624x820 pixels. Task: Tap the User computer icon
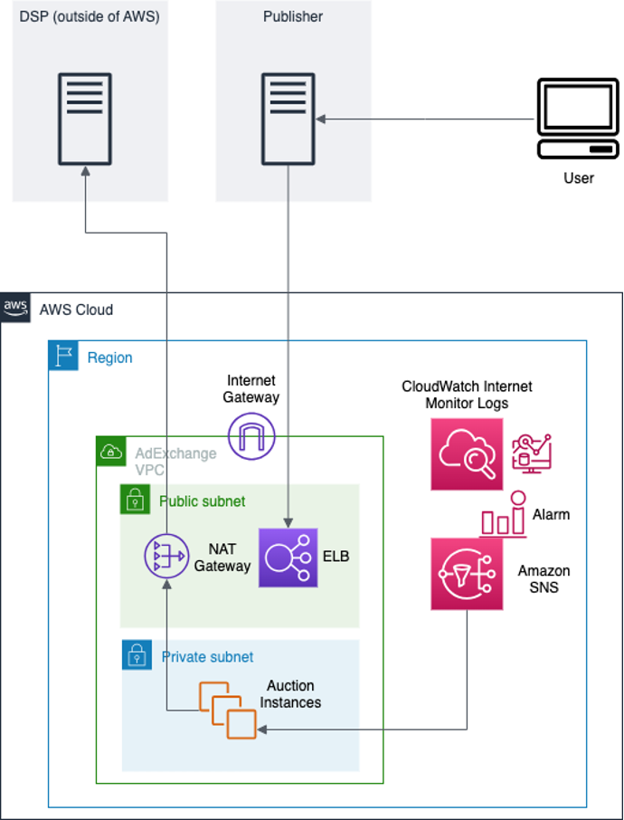click(x=578, y=119)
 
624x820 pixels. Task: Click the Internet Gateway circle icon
click(x=251, y=435)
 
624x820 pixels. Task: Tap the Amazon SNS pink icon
click(x=467, y=574)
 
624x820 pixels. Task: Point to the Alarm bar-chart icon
click(x=503, y=515)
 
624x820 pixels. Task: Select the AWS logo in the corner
click(x=15, y=308)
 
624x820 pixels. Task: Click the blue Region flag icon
click(x=63, y=356)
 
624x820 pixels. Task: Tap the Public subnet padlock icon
click(x=135, y=499)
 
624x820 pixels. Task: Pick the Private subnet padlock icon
click(x=137, y=655)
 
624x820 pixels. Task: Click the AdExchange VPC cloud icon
click(x=111, y=451)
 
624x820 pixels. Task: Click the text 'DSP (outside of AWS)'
click(x=90, y=17)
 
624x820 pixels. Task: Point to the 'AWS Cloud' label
click(x=76, y=310)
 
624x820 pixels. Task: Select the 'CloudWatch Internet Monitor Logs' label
click(x=467, y=395)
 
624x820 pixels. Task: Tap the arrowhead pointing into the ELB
click(x=288, y=524)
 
